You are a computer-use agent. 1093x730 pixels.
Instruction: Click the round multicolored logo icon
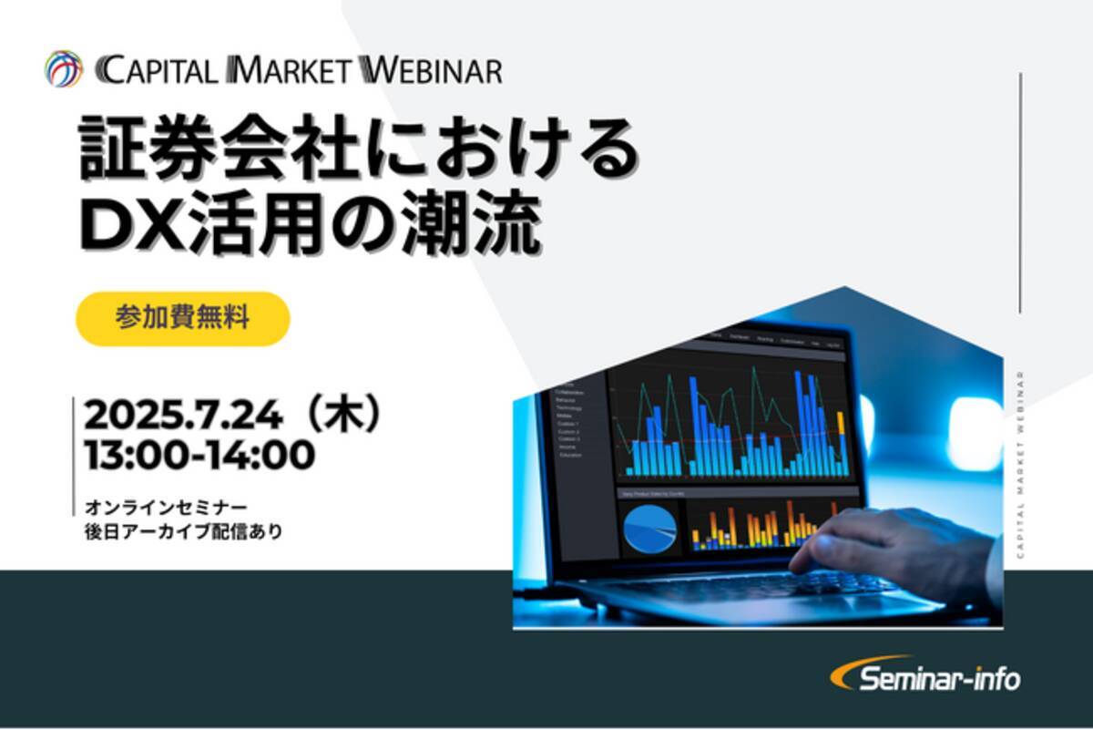(x=64, y=69)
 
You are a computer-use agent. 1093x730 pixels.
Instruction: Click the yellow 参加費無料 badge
(x=182, y=318)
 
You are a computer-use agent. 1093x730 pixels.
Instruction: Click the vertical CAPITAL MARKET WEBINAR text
(x=1020, y=474)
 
